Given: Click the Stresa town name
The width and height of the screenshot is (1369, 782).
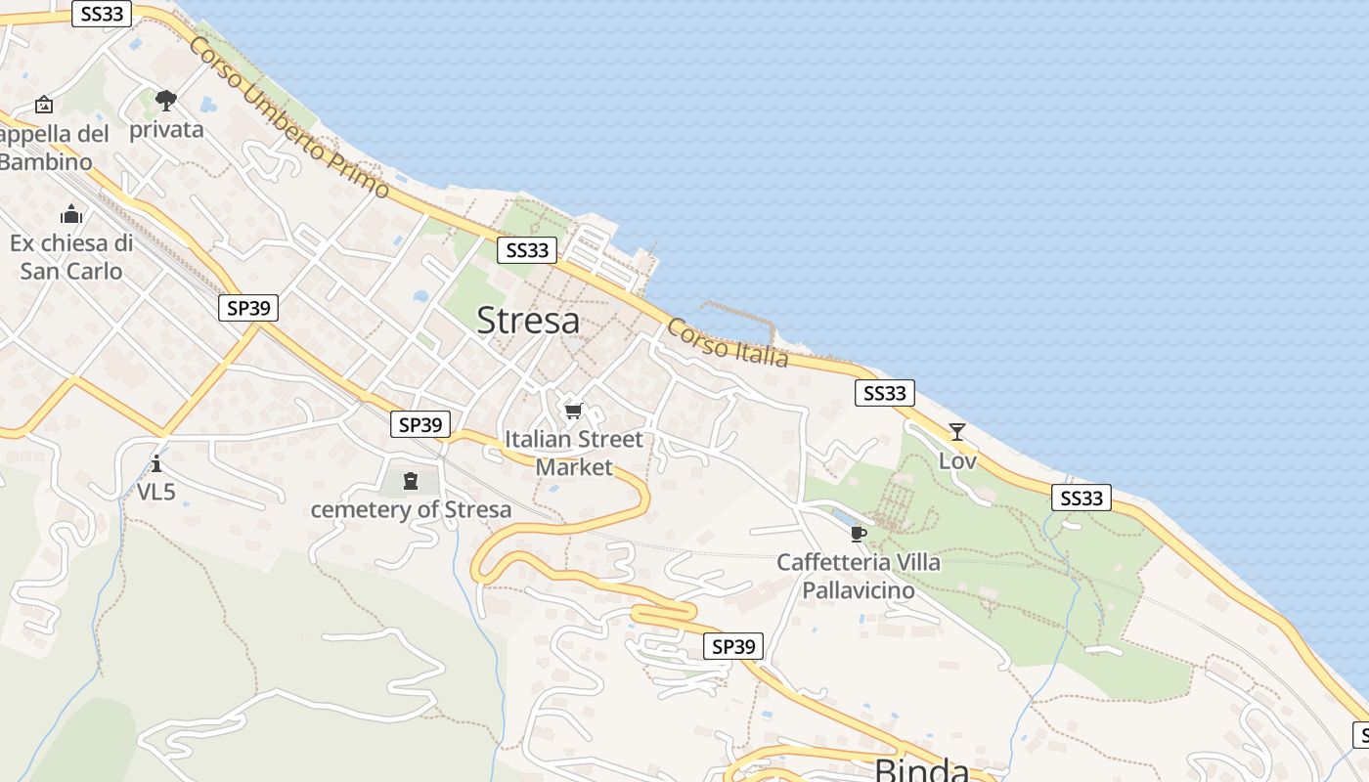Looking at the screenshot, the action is (528, 321).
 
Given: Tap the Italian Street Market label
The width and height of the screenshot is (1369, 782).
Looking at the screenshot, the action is (574, 453).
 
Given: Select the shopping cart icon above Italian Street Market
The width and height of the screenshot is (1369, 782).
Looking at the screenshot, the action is (573, 411).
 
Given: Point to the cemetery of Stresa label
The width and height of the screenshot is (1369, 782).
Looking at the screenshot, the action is (411, 509).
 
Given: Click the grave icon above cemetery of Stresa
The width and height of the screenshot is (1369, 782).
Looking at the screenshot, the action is (410, 480).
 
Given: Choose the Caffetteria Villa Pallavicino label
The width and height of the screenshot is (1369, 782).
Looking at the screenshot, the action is (859, 576).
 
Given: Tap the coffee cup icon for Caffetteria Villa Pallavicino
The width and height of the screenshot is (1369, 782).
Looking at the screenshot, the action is (858, 533).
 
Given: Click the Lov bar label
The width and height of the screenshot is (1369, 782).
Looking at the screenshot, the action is (957, 460).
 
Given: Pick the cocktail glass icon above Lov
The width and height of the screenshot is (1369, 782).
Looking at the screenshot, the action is (956, 431).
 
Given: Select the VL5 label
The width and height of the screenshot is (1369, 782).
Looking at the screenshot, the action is (155, 492).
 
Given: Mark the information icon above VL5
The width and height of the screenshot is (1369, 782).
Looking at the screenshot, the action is (155, 462).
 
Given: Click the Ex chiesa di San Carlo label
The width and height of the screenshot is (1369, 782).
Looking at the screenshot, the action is (71, 257).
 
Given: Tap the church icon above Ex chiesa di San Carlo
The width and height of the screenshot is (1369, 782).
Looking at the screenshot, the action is (71, 214).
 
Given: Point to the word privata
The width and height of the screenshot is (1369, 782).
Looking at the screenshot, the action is (166, 130).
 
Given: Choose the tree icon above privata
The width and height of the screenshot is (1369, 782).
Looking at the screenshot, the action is (166, 100).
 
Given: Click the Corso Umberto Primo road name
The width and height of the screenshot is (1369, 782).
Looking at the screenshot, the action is (289, 117).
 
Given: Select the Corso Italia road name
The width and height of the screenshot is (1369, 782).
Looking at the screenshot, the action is (728, 343).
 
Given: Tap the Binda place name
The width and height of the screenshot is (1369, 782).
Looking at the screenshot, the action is (921, 769).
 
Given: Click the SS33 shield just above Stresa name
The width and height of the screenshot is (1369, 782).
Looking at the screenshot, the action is (527, 250).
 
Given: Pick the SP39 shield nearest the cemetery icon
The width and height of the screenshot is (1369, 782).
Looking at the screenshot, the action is (420, 424).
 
